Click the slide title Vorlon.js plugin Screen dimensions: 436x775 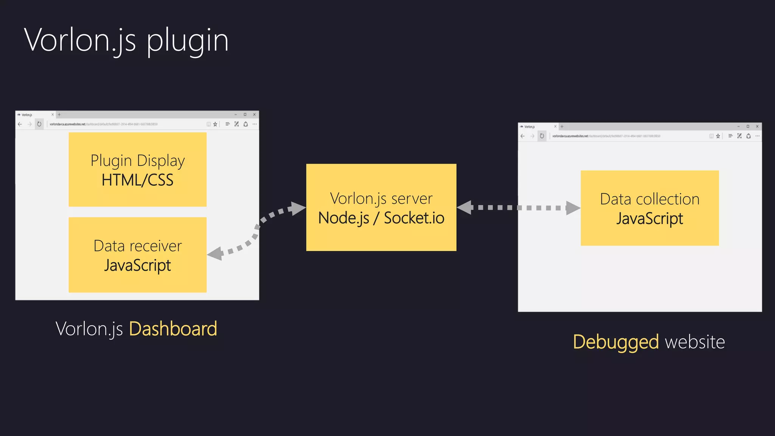pos(126,41)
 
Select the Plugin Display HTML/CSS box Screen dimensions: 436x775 pos(137,170)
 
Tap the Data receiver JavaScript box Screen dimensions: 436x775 pos(137,255)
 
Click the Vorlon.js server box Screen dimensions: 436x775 pos(381,207)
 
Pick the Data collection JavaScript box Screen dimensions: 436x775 pos(649,208)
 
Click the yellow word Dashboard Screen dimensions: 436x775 pos(173,329)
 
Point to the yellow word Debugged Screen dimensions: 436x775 pos(616,342)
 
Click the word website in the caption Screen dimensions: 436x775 pos(695,342)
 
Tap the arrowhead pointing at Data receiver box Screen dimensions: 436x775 pos(215,254)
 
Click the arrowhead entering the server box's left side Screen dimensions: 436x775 pos(298,208)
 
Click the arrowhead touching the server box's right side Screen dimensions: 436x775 pos(465,207)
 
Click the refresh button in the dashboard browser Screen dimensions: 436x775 pos(39,124)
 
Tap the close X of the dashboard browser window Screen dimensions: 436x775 pos(254,114)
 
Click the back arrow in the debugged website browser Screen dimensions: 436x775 pos(523,136)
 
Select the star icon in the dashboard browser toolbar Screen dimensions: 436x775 pos(215,124)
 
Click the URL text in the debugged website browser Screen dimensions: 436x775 pos(605,136)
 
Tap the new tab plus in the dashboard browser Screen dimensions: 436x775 pos(59,114)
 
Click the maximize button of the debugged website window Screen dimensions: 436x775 pos(748,126)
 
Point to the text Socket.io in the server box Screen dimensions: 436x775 pos(414,218)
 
